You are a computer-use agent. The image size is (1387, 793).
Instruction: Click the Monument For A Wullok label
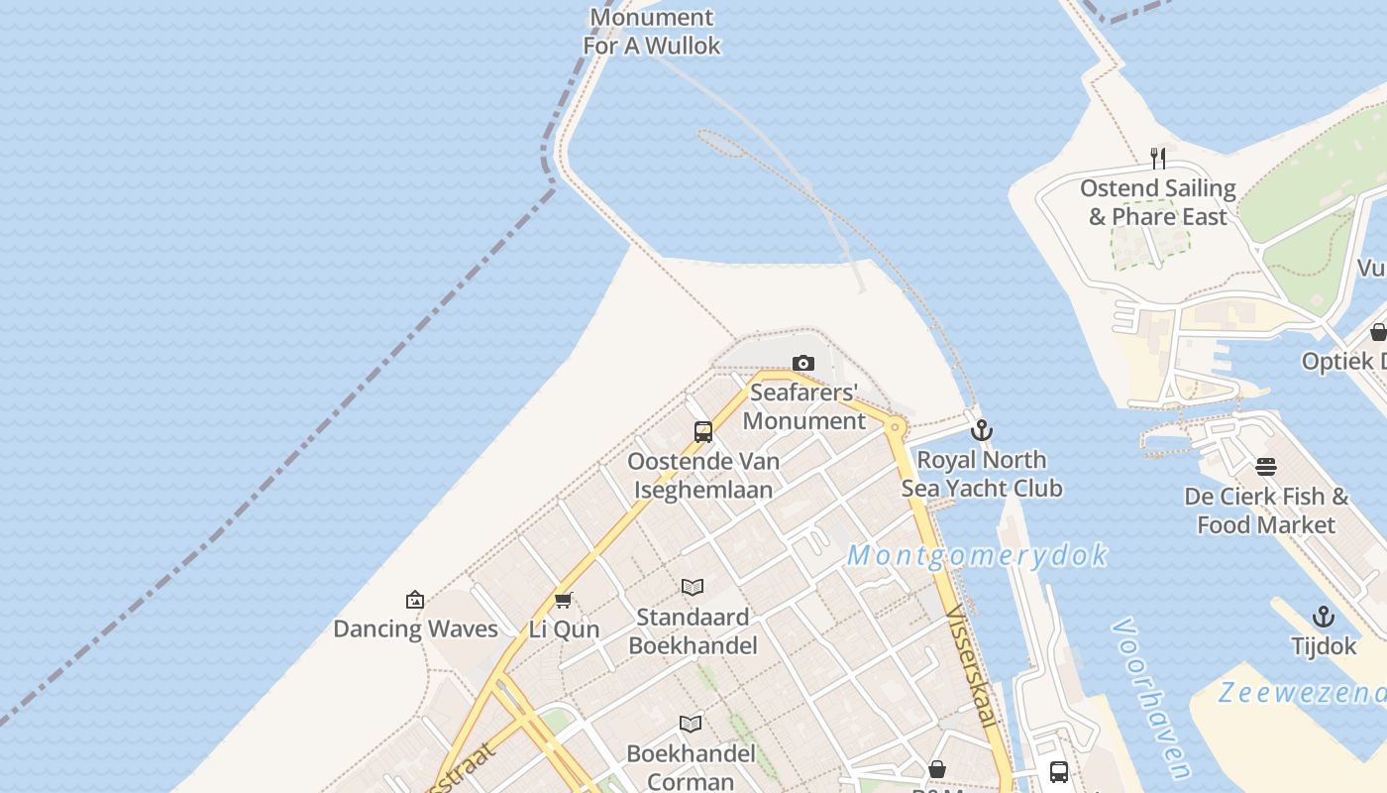tap(651, 31)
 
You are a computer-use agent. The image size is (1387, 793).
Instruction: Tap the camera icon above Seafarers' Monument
tap(803, 364)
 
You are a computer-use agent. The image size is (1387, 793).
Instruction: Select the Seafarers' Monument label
tap(804, 406)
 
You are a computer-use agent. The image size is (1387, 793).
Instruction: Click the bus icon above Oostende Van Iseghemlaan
tap(703, 432)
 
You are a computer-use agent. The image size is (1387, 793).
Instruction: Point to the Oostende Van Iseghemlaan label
tap(703, 475)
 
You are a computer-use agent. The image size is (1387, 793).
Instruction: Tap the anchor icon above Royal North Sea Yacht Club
tap(982, 430)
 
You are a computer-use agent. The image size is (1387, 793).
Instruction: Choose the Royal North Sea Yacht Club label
tap(982, 474)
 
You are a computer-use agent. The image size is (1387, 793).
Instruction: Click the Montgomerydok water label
tap(977, 555)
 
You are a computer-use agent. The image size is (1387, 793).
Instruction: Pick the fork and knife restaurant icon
tap(1157, 158)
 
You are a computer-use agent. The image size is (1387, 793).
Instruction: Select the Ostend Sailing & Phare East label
tap(1158, 202)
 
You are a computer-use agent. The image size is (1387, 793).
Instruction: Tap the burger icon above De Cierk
tap(1266, 466)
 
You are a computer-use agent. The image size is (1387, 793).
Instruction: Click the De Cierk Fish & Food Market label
tap(1266, 510)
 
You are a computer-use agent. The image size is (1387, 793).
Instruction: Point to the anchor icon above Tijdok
tap(1324, 617)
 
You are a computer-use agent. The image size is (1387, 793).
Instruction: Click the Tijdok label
tap(1324, 646)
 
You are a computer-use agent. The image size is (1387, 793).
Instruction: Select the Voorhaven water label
tap(1151, 698)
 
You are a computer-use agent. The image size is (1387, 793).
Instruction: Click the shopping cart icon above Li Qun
tap(564, 600)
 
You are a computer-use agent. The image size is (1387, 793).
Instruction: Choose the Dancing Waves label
tap(415, 628)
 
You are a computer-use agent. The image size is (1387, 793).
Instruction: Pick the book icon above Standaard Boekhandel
tap(693, 588)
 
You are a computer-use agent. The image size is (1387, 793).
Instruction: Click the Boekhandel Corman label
tap(691, 767)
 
